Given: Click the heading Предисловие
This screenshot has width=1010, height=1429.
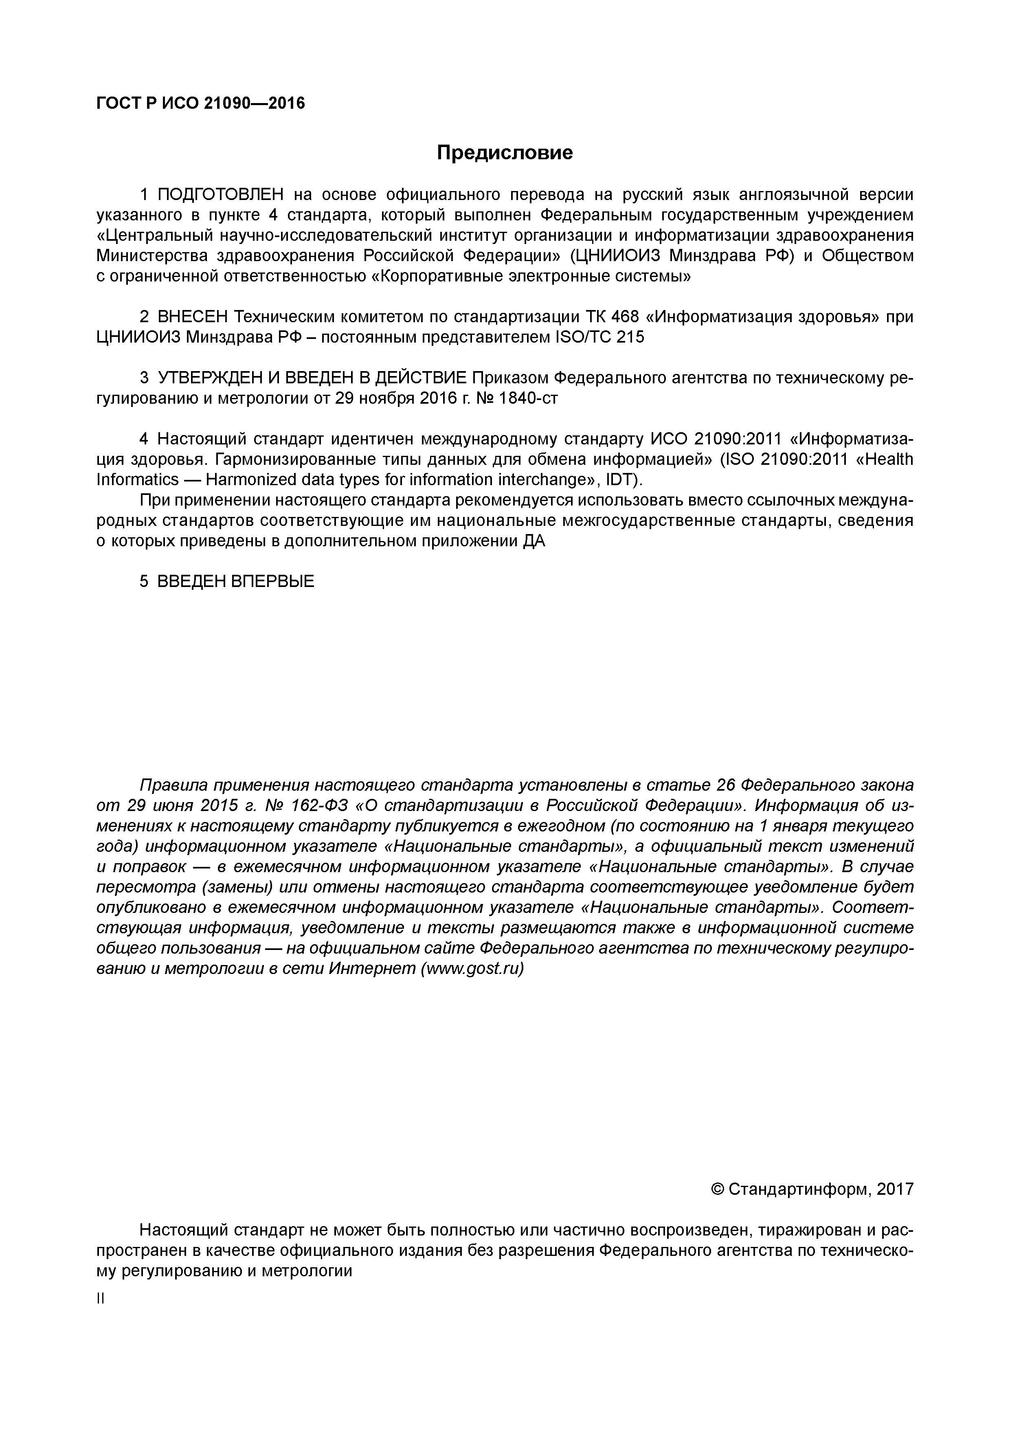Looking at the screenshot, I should pyautogui.click(x=504, y=152).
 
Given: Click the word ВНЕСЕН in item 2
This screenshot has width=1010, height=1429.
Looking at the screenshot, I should pyautogui.click(x=193, y=317).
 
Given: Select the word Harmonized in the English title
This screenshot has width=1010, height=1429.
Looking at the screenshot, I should pyautogui.click(x=251, y=480).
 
